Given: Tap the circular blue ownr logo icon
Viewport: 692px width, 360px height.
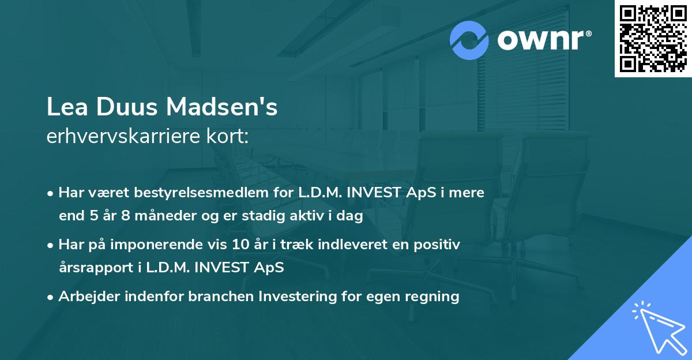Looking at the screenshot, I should point(470,40).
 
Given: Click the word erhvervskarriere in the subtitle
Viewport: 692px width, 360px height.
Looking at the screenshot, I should point(121,137).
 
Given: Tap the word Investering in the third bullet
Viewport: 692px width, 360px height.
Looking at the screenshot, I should point(294,297).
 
